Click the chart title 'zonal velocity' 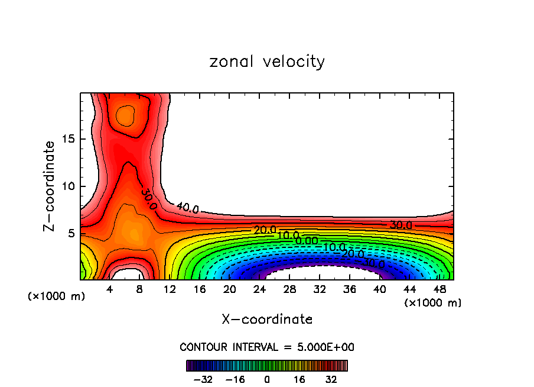click(x=267, y=62)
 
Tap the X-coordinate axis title click(x=267, y=320)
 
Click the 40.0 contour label click(x=187, y=208)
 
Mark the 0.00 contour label click(x=307, y=241)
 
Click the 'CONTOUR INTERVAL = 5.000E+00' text click(x=267, y=347)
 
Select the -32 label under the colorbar click(x=203, y=379)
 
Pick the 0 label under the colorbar click(x=267, y=379)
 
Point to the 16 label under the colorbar click(x=299, y=379)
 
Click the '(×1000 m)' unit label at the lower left click(x=57, y=296)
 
